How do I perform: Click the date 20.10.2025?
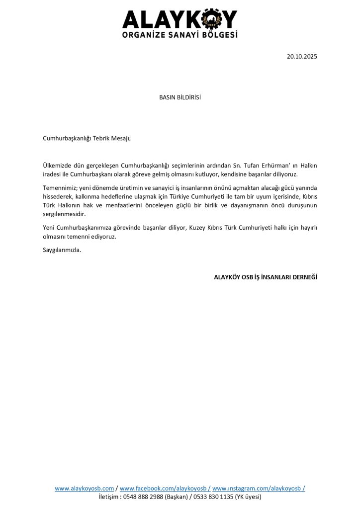[x=302, y=57]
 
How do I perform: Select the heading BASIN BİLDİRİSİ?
[x=180, y=97]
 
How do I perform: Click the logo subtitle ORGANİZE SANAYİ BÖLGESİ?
[x=180, y=35]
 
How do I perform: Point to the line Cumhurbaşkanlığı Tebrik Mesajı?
[x=87, y=138]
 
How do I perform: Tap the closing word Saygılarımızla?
[x=62, y=250]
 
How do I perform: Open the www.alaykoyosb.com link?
[x=84, y=489]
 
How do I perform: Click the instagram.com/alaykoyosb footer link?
[x=258, y=489]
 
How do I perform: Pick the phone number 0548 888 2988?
[x=143, y=497]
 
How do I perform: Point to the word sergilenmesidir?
[x=65, y=214]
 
